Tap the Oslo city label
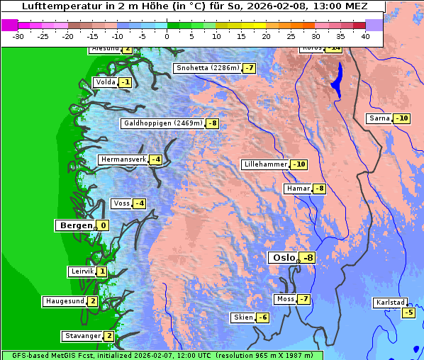[x=284, y=258]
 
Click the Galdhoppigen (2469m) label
[x=163, y=123]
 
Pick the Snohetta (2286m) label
[x=207, y=68]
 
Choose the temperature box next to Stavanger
[x=108, y=336]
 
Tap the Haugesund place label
[x=65, y=301]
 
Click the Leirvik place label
[x=82, y=271]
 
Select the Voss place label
[x=121, y=203]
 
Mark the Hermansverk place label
[x=123, y=159]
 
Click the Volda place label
[x=105, y=82]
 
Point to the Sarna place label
[x=379, y=118]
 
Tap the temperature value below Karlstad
[x=408, y=313]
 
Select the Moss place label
[x=285, y=299]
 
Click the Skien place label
[x=242, y=317]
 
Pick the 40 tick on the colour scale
[x=365, y=36]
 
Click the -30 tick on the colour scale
[x=18, y=36]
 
